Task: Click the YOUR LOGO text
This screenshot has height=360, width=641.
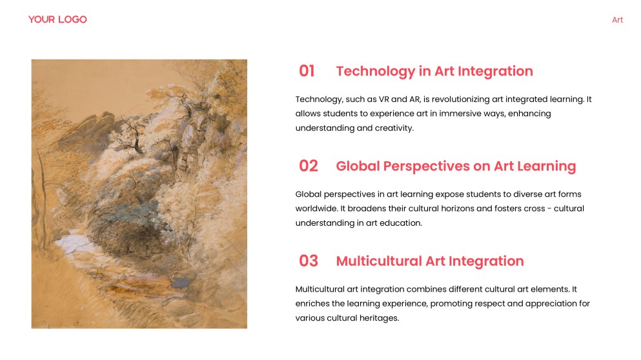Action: [x=57, y=19]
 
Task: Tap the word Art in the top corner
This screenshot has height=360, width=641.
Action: [x=617, y=20]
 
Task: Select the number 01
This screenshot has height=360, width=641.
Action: [x=307, y=71]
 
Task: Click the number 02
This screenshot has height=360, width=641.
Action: [x=308, y=166]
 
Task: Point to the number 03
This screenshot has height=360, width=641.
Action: [x=308, y=261]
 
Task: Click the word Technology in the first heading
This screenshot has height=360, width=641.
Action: [x=375, y=71]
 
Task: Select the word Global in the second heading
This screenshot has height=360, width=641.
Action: [x=358, y=166]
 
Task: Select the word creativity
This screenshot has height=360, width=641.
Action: [x=391, y=128]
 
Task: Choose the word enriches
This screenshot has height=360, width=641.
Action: [x=312, y=303]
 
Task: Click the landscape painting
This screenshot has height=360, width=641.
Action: [x=139, y=194]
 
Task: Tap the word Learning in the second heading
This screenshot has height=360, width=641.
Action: [x=546, y=166]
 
